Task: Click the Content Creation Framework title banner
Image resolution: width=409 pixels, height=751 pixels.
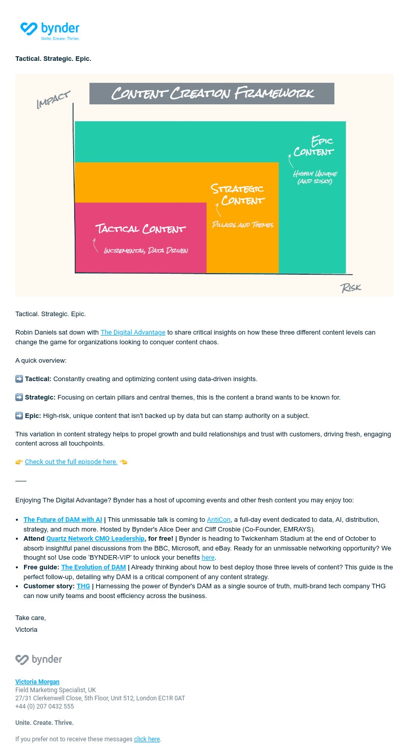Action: click(212, 94)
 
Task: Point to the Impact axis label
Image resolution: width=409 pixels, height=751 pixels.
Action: click(53, 100)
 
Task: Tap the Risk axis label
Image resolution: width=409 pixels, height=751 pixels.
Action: click(351, 288)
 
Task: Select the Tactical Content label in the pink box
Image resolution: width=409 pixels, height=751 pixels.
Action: click(141, 229)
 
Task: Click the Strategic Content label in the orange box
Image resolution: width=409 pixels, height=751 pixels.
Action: click(238, 194)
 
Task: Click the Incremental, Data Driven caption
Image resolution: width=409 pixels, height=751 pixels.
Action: click(146, 251)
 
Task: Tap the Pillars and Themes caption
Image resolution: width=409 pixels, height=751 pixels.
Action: click(243, 225)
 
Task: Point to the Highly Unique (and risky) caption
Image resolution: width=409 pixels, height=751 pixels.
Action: click(315, 178)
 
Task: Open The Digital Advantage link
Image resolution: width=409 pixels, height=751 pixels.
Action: click(133, 333)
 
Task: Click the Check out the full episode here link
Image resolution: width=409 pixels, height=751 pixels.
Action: click(71, 462)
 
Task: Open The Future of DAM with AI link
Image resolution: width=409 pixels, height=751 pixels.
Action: click(63, 520)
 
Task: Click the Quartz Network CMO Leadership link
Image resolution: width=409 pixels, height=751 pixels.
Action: click(96, 539)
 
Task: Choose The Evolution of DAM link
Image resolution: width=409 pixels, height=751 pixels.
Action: click(94, 567)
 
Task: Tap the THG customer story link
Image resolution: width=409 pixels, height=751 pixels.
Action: click(83, 586)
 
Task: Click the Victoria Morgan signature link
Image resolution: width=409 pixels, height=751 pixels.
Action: click(37, 682)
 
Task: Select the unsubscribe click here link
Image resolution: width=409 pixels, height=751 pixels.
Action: click(147, 739)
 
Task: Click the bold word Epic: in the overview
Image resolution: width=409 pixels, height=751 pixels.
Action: click(33, 416)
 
